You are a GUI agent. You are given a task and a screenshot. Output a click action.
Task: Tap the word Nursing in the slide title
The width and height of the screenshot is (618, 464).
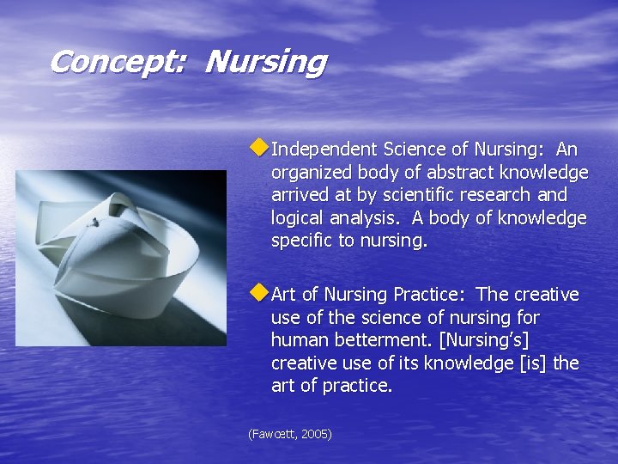(266, 63)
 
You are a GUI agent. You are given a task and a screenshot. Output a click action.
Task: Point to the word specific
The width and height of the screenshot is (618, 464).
(302, 241)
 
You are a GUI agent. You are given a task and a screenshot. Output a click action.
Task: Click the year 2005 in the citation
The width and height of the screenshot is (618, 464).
(315, 435)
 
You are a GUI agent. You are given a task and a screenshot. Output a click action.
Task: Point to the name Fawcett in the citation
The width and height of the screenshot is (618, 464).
(272, 435)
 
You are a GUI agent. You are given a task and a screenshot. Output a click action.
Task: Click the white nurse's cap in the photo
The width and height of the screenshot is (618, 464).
(120, 249)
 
